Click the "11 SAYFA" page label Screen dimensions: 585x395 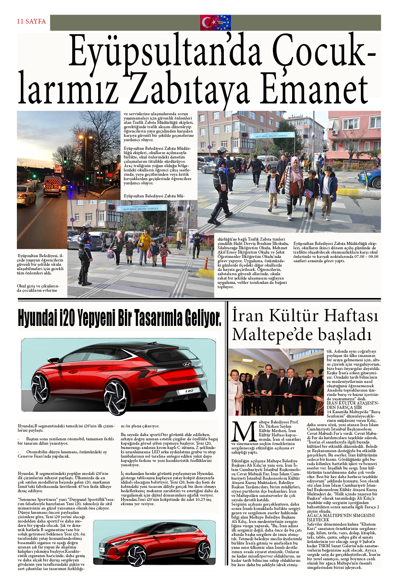click(31, 21)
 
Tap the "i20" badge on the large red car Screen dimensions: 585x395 click(189, 391)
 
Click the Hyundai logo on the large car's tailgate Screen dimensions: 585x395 click(187, 364)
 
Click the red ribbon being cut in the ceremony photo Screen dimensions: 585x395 click(275, 395)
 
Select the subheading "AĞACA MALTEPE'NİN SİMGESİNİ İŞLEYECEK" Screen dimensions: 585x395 click(341, 517)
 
